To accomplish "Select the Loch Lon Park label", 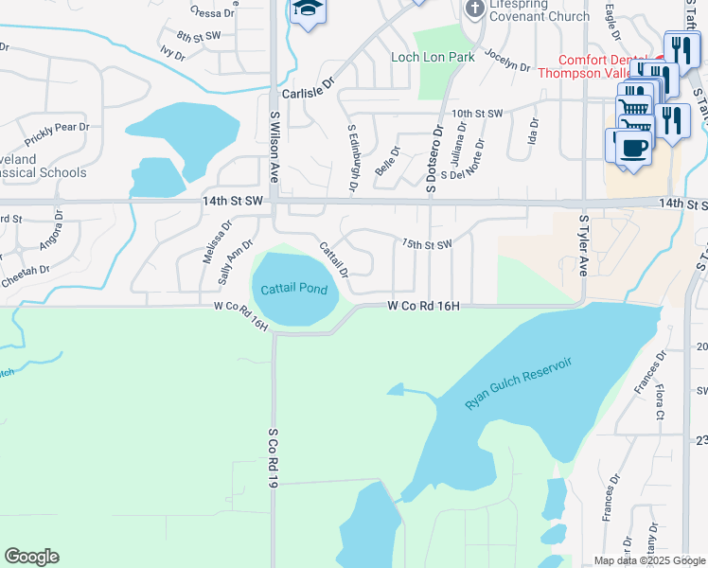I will point(433,58).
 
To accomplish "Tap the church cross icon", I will point(474,9).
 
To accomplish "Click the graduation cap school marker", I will point(306,10).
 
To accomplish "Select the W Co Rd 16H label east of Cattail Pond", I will point(423,306).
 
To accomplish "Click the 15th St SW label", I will point(426,244).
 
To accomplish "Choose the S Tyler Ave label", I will point(583,243).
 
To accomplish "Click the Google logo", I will point(31,557).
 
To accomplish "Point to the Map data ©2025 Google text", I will point(648,560).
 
